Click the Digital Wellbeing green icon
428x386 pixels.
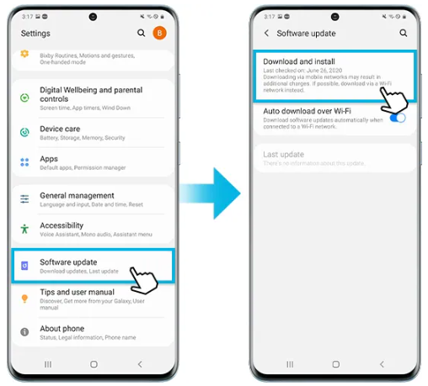click(x=24, y=98)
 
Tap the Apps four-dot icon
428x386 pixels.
click(x=24, y=160)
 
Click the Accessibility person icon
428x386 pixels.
click(x=24, y=228)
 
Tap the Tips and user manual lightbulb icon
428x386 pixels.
click(x=24, y=296)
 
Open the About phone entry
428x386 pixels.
click(x=62, y=328)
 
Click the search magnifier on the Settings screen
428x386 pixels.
click(x=141, y=33)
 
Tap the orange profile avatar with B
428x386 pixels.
click(x=160, y=33)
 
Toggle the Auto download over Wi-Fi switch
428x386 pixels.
click(x=398, y=118)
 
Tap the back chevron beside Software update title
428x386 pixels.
click(x=267, y=33)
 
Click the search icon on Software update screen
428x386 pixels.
click(x=404, y=33)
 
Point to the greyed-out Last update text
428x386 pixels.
click(x=283, y=155)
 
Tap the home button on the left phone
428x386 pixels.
click(x=94, y=364)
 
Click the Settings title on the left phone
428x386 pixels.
click(x=35, y=34)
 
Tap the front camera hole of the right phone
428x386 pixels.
click(x=336, y=17)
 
